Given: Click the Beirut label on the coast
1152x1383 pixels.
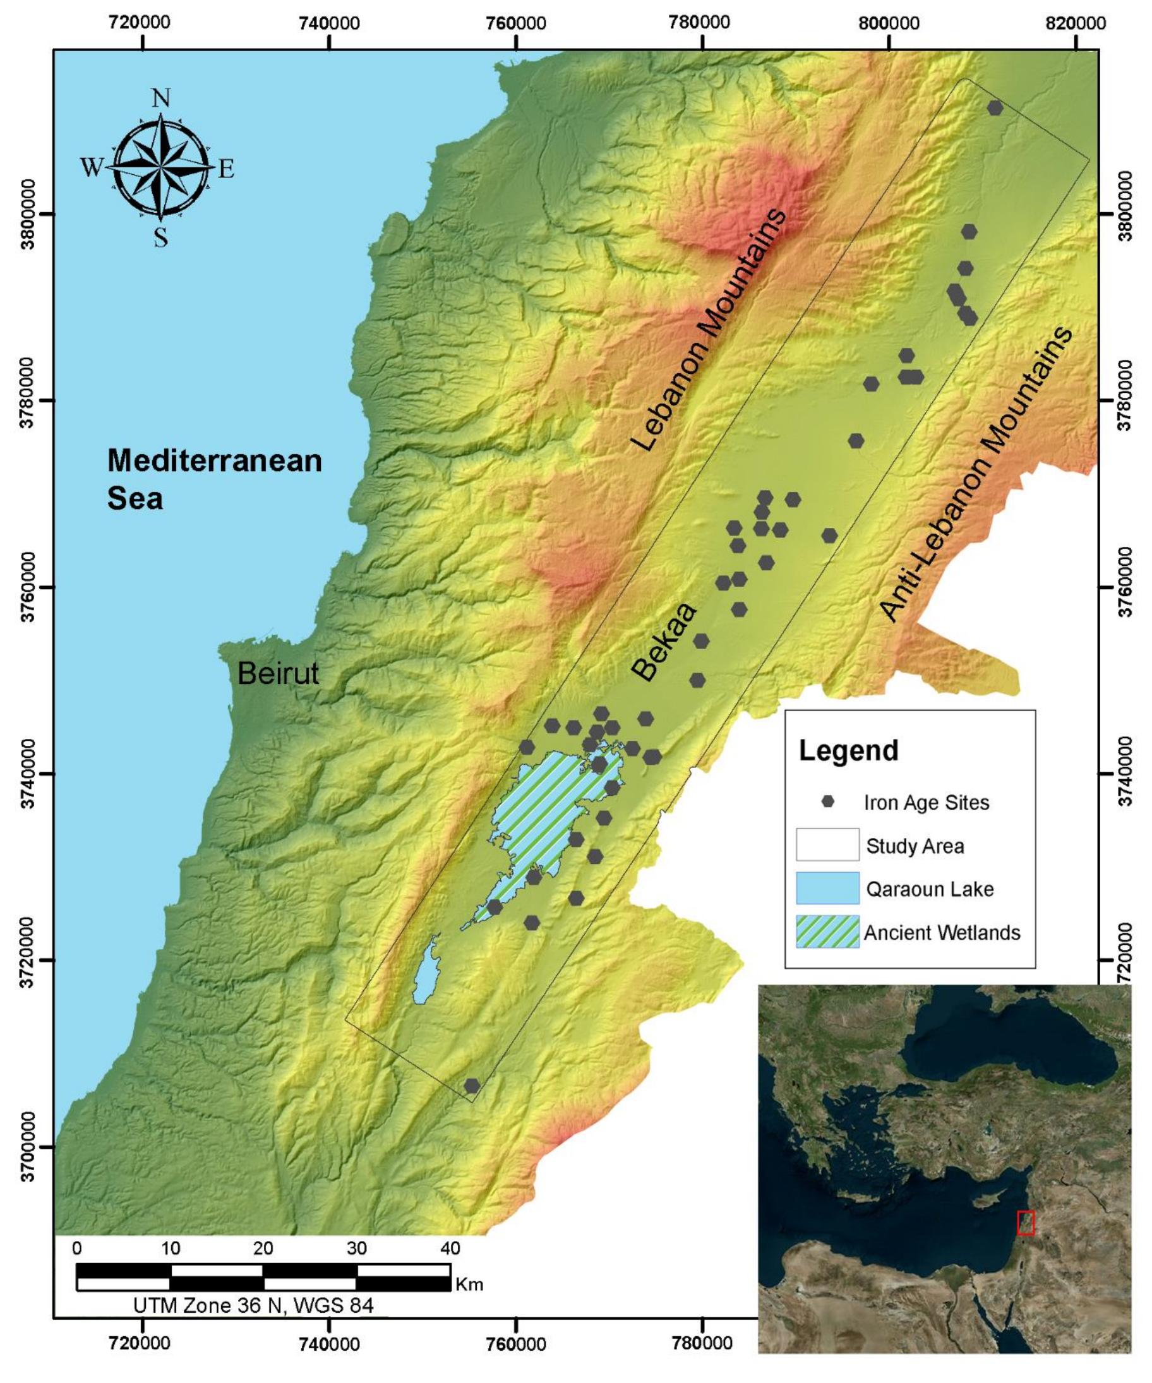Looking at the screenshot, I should (277, 673).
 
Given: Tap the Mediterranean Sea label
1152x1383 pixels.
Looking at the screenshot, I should (214, 479).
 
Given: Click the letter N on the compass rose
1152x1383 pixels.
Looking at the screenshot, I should (160, 98).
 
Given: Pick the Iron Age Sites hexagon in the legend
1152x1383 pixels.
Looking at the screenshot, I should (827, 802).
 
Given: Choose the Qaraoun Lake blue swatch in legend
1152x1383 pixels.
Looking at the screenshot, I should (827, 889).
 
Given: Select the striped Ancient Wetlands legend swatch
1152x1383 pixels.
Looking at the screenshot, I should (827, 932).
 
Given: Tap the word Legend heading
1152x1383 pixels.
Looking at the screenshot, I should (848, 751).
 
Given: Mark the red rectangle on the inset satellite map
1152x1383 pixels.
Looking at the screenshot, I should (1026, 1223).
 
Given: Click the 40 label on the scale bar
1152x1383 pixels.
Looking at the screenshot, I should (450, 1248).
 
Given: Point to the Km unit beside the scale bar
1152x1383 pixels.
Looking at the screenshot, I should (469, 1284).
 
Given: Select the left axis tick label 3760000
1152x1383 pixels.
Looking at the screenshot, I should (27, 587).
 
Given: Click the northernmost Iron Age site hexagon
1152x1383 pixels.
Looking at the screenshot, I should (995, 107).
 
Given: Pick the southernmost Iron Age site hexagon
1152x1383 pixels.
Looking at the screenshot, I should (472, 1086).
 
